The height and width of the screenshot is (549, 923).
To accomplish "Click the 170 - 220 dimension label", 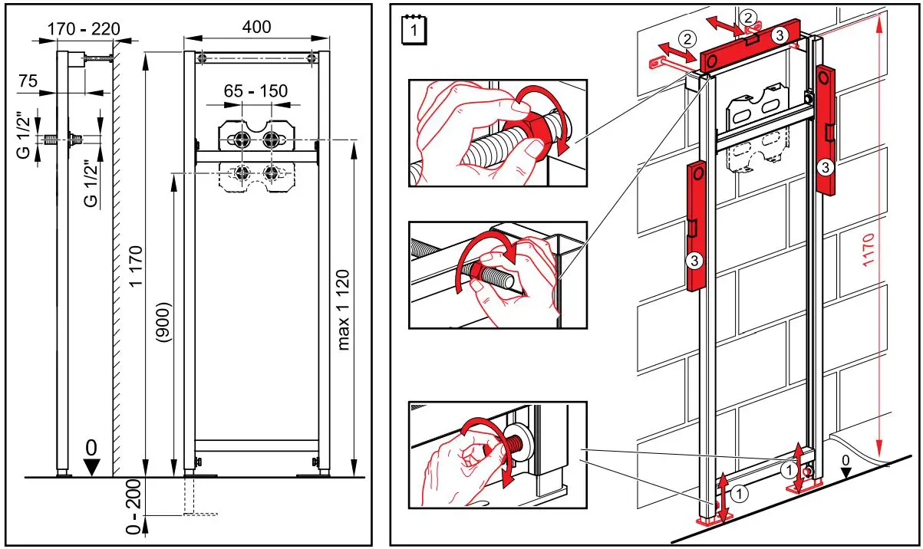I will coord(84,29).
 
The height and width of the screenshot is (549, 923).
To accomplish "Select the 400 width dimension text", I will coord(256,27).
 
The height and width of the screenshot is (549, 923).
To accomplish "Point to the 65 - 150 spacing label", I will coord(256,91).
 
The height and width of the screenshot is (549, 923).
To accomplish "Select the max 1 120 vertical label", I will coord(343,310).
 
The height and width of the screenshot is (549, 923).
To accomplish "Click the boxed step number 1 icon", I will coord(415,31).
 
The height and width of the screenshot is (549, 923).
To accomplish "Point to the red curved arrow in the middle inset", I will coord(483,265).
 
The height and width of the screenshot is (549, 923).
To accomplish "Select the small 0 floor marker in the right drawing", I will coord(846,459).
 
